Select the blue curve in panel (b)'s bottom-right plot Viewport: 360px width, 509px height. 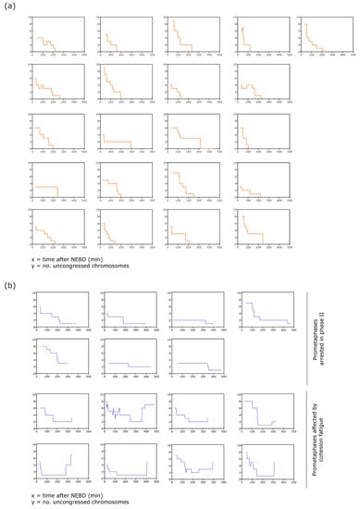(x=255, y=463)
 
